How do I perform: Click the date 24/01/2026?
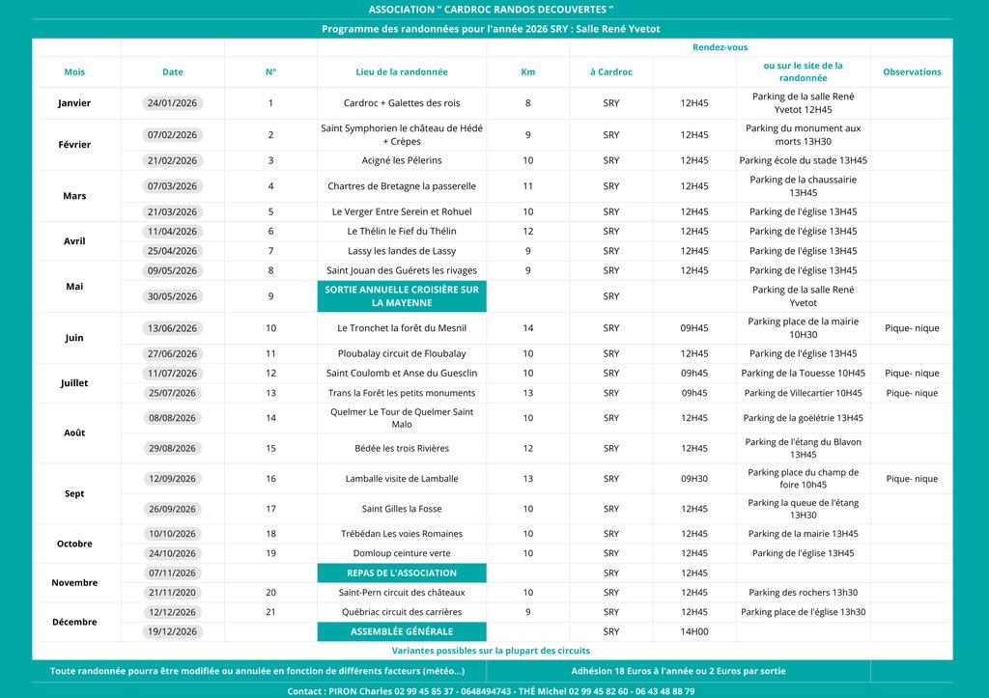pyautogui.click(x=173, y=103)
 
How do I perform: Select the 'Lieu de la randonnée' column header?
pyautogui.click(x=402, y=72)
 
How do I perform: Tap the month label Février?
pyautogui.click(x=74, y=145)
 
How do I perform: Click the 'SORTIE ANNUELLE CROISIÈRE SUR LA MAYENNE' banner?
pyautogui.click(x=402, y=296)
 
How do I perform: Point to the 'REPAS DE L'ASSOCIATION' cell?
pyautogui.click(x=402, y=573)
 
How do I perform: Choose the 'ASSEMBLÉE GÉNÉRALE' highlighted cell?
pyautogui.click(x=402, y=631)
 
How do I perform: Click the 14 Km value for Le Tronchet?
pyautogui.click(x=527, y=328)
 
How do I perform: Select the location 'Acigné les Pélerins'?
pyautogui.click(x=402, y=160)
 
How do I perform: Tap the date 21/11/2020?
pyautogui.click(x=173, y=593)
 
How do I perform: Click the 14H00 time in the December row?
pyautogui.click(x=693, y=631)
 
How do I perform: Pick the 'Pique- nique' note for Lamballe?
pyautogui.click(x=912, y=479)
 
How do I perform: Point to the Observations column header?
pyautogui.click(x=912, y=72)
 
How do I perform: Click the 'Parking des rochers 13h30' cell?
pyautogui.click(x=803, y=593)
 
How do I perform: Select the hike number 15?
pyautogui.click(x=270, y=448)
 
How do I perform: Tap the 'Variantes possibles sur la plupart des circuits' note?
pyautogui.click(x=491, y=651)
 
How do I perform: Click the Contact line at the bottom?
pyautogui.click(x=491, y=691)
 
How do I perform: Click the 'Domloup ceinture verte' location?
pyautogui.click(x=402, y=553)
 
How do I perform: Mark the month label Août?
pyautogui.click(x=74, y=433)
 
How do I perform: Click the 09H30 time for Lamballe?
pyautogui.click(x=693, y=479)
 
